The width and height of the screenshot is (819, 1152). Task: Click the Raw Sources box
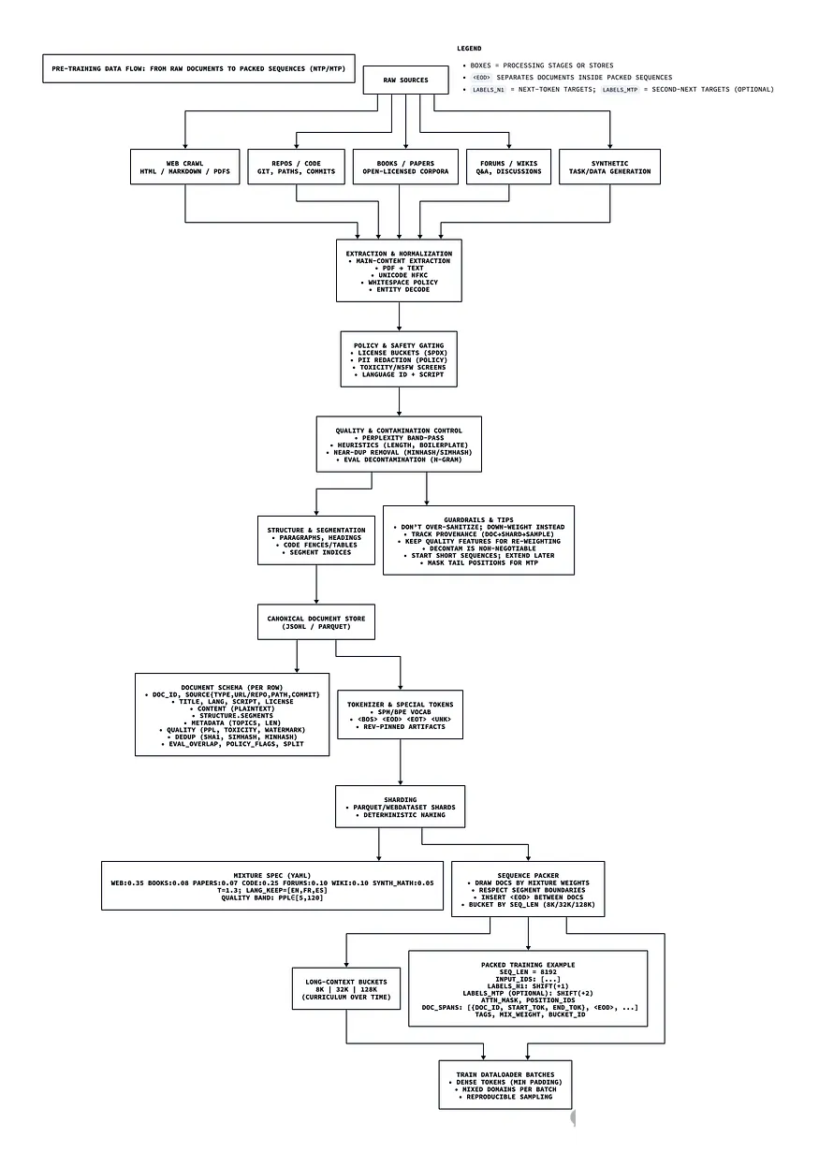coord(405,80)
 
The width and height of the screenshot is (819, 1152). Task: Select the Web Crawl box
coord(185,168)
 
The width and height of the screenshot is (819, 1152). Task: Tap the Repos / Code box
coord(296,168)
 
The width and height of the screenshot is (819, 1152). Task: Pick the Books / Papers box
coord(405,168)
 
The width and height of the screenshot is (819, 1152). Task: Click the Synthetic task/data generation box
coord(609,168)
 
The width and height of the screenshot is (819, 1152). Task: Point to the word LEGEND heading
coord(469,48)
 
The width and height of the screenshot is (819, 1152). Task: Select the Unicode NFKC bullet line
coord(399,275)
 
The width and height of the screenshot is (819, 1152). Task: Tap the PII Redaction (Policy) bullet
coord(399,360)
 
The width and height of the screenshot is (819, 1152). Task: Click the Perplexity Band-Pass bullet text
coord(399,439)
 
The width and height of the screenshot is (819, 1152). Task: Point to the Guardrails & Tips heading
coord(478,519)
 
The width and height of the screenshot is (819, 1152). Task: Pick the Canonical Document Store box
coord(316,622)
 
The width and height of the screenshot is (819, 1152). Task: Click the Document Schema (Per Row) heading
coord(232,686)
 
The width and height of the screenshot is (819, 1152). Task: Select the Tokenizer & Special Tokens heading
coord(400,704)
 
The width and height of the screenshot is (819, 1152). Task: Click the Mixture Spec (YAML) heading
coord(272,875)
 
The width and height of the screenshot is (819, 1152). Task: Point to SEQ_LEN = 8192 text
coord(527,971)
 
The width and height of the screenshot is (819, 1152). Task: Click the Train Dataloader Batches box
coord(505,1085)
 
